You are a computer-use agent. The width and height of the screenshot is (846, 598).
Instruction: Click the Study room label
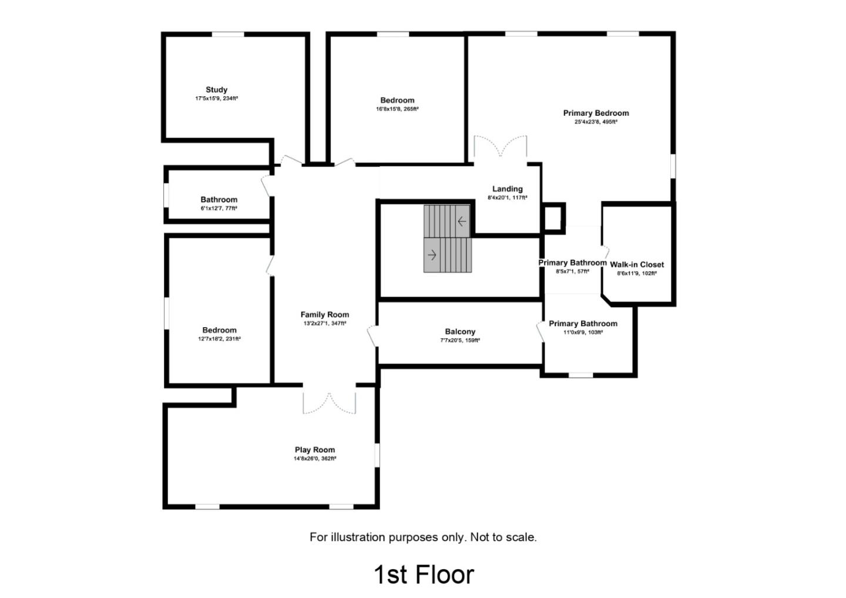(216, 90)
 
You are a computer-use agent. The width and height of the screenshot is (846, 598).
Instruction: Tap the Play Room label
(315, 450)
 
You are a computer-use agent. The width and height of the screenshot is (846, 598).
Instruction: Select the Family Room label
(324, 315)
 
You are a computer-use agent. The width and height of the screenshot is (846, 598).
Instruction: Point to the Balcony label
(460, 332)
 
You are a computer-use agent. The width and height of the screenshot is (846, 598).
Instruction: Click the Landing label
(507, 189)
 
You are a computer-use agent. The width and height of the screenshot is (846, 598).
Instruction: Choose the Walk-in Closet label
(637, 265)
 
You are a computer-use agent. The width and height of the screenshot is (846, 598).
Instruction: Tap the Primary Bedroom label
(596, 113)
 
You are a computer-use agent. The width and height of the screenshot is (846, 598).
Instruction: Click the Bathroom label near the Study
(219, 200)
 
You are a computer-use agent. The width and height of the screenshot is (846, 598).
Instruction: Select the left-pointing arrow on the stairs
(462, 221)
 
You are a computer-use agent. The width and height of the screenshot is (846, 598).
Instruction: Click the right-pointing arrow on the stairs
(433, 255)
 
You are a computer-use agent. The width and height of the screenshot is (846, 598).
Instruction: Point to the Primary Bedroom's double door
(501, 146)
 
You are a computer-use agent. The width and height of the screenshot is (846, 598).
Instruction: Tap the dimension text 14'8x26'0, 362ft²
(315, 459)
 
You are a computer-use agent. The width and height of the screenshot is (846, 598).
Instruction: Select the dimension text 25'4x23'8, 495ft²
(596, 122)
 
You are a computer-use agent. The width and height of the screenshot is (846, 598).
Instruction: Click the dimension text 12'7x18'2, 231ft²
(219, 339)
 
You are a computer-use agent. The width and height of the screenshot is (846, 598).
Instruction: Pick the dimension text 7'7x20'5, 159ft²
(460, 341)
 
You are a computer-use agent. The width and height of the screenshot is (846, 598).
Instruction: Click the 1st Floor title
(424, 575)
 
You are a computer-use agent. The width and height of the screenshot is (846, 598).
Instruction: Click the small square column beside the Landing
(553, 219)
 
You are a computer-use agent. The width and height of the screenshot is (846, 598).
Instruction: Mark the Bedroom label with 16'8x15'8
(397, 100)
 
